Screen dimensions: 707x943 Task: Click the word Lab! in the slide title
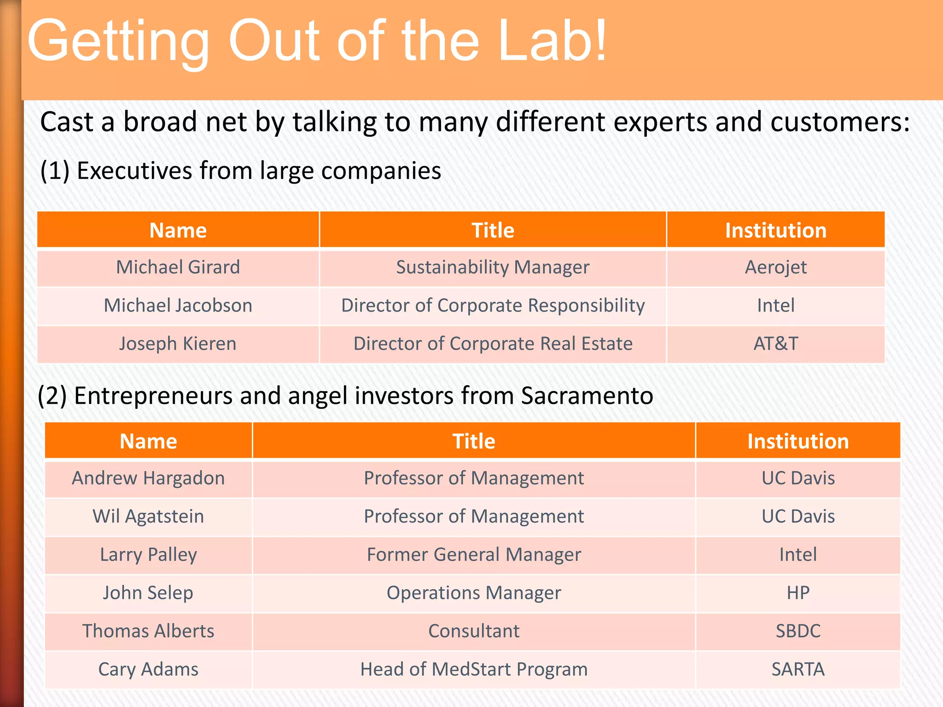coord(553,41)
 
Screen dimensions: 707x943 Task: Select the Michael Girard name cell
coord(178,267)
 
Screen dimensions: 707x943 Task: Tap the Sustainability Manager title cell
coord(493,267)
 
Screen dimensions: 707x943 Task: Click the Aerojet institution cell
coord(775,267)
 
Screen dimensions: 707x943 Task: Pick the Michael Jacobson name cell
coord(178,306)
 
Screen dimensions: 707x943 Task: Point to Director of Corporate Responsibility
coord(493,306)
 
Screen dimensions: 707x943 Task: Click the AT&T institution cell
coord(775,344)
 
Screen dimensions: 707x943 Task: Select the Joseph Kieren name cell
coord(178,344)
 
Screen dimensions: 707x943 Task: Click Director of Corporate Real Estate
coord(493,344)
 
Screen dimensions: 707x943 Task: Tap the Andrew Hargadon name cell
coord(148,478)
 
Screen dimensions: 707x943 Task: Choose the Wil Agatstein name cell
coord(148,516)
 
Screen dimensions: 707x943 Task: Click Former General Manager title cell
coord(474,555)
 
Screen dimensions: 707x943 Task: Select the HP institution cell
coord(797,593)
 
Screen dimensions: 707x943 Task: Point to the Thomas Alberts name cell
coord(148,631)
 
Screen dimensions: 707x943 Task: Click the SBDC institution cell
coord(797,631)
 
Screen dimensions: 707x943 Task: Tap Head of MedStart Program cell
coord(474,669)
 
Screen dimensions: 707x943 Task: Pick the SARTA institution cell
coord(797,669)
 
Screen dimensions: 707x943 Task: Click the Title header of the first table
coord(493,230)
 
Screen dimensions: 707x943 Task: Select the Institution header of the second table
coord(797,441)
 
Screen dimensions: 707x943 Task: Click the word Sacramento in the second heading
coord(587,396)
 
